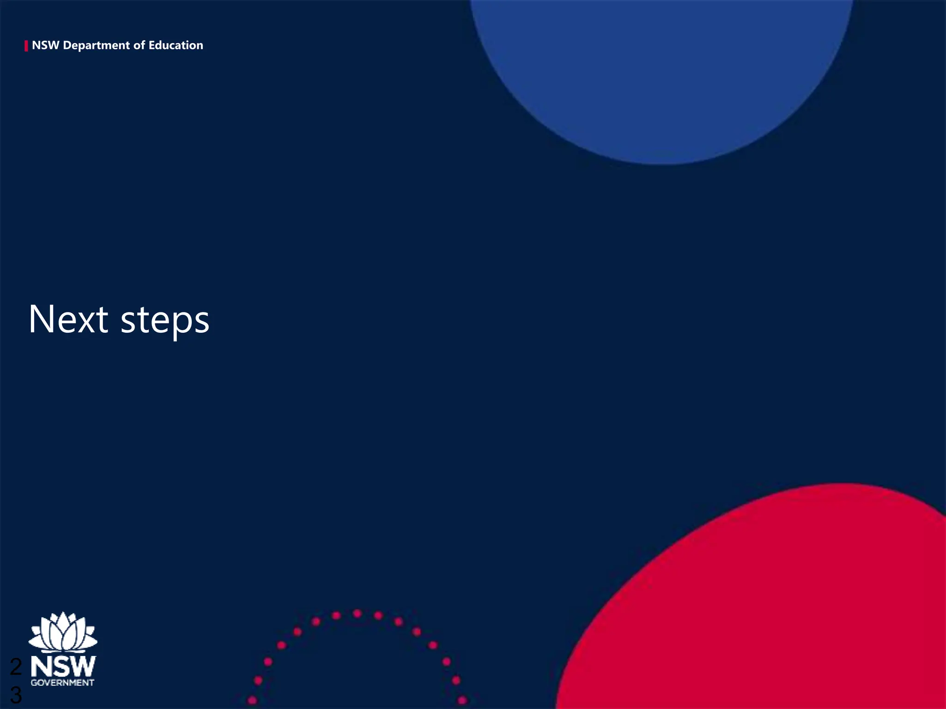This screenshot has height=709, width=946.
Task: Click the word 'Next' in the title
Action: pyautogui.click(x=68, y=319)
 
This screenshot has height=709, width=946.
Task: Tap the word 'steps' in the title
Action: pyautogui.click(x=165, y=321)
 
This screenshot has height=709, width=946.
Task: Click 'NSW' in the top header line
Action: pyautogui.click(x=45, y=45)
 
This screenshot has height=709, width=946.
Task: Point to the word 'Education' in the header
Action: pyautogui.click(x=176, y=45)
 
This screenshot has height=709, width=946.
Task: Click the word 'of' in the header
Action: pyautogui.click(x=139, y=45)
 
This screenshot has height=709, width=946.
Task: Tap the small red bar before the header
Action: pyautogui.click(x=26, y=46)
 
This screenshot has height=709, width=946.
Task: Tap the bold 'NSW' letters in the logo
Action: pyautogui.click(x=63, y=667)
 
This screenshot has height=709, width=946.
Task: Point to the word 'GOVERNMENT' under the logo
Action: pyautogui.click(x=62, y=683)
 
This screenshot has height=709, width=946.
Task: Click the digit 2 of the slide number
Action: pyautogui.click(x=16, y=667)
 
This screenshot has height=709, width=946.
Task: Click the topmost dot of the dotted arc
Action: pyautogui.click(x=357, y=613)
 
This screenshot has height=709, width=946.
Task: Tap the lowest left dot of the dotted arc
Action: pyautogui.click(x=252, y=700)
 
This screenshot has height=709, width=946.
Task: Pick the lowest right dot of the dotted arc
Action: pyautogui.click(x=462, y=700)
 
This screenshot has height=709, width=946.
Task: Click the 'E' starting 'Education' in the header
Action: pyautogui.click(x=152, y=45)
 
